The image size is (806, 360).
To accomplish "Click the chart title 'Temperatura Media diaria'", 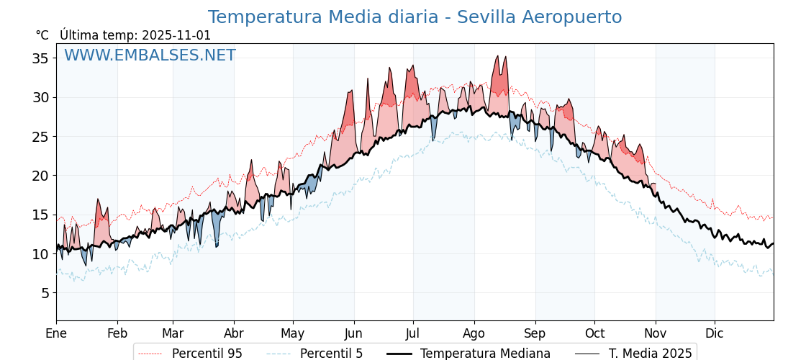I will pos(415,17).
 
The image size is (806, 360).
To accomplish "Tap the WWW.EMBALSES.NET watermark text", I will pos(150,55).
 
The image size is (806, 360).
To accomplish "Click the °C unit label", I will pos(42,35).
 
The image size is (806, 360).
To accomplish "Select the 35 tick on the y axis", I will pos(40,58).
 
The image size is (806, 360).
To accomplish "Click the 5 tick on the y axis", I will pos(44,293).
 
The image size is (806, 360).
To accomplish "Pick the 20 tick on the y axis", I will pos(40,176).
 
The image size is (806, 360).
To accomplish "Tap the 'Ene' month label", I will pos(56,333).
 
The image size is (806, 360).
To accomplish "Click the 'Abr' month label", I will pos(234,333).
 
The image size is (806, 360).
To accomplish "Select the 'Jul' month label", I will pos(413,333).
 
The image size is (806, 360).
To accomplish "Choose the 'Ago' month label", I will pos(474,333).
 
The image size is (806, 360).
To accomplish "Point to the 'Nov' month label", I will pos(656,333).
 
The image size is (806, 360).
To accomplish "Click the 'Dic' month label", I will pos(715,333).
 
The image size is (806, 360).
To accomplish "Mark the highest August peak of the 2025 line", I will pos(497,56).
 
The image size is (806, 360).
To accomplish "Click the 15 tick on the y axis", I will pos(40,215).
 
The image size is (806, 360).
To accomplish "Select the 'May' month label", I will pos(293,333).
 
